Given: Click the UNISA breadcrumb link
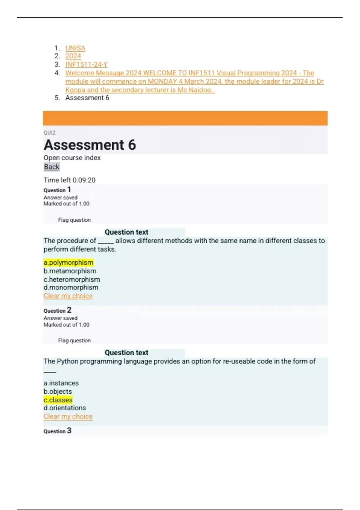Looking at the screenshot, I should (x=75, y=48).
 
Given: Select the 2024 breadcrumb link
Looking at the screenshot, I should (x=73, y=56).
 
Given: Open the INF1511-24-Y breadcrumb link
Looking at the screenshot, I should (x=86, y=64).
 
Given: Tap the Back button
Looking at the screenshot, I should (x=52, y=167).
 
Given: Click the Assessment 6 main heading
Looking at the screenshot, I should (x=90, y=145).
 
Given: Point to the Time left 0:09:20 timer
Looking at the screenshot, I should (x=70, y=180).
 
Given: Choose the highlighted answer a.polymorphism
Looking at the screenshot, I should (x=68, y=262).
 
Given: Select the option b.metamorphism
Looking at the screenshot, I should (x=70, y=271).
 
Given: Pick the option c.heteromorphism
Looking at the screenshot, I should (x=72, y=279).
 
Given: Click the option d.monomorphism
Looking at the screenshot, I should (x=71, y=287).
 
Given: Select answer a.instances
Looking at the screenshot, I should (x=61, y=383).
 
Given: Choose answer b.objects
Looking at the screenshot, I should (x=58, y=391).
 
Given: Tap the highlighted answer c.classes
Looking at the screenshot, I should (x=58, y=400).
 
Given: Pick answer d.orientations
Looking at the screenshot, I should (x=64, y=408).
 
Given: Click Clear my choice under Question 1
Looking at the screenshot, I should (x=68, y=296).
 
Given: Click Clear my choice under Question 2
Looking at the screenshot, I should (x=68, y=416).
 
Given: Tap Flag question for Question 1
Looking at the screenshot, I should (x=74, y=220).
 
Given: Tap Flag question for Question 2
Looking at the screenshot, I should (x=74, y=340).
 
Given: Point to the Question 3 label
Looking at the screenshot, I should (x=57, y=431).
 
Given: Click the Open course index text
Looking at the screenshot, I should (x=72, y=158).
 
